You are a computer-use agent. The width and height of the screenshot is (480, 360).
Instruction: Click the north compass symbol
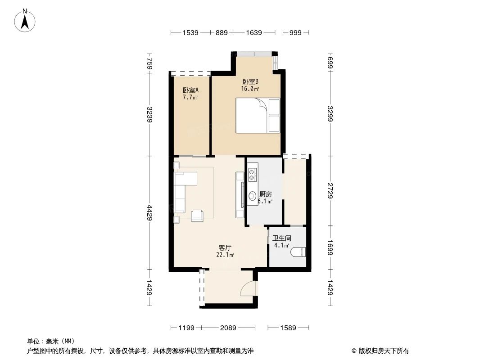(x=25, y=20)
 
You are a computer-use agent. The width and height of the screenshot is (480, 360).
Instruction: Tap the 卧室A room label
(x=190, y=90)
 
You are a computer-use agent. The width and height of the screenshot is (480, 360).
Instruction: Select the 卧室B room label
(x=250, y=81)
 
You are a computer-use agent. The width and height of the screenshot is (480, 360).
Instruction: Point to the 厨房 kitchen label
(x=266, y=194)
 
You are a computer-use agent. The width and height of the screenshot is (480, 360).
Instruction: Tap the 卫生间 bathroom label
(x=281, y=238)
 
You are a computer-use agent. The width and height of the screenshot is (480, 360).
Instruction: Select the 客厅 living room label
(x=225, y=248)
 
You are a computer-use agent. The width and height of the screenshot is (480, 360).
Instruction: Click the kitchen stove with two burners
(x=252, y=175)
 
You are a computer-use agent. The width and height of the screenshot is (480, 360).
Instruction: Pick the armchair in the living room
(x=197, y=216)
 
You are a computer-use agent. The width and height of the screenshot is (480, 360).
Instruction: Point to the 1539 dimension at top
(x=190, y=32)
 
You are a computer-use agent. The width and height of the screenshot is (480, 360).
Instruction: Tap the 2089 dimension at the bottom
(x=228, y=328)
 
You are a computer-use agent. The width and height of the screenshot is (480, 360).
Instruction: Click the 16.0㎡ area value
(x=250, y=89)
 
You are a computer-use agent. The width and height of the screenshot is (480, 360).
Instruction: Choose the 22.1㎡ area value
(x=225, y=255)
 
